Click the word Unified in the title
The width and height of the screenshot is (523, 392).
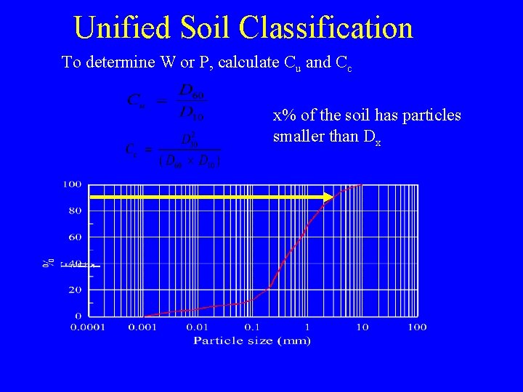[x=121, y=28]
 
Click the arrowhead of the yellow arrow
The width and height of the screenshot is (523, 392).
[x=328, y=197]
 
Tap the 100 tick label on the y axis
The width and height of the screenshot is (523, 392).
[x=71, y=184]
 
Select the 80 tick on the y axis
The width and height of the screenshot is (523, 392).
[x=75, y=211]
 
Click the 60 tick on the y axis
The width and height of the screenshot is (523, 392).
[x=75, y=237]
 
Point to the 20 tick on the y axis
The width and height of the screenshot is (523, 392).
[x=75, y=290]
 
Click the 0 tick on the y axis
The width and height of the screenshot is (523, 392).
[x=78, y=316]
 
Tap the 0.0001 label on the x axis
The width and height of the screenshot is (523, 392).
[x=87, y=327]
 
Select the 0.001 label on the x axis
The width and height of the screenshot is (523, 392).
[x=143, y=327]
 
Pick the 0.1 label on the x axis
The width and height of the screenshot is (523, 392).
[x=253, y=327]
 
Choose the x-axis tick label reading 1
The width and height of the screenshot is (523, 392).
[x=307, y=327]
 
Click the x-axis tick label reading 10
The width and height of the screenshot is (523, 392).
[x=362, y=327]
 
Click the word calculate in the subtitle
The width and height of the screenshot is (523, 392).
[x=248, y=62]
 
